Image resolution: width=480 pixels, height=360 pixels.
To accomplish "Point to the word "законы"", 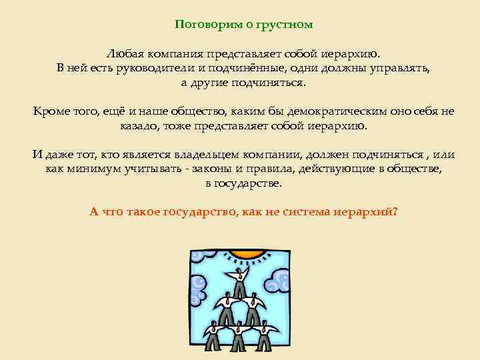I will (215, 169).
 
